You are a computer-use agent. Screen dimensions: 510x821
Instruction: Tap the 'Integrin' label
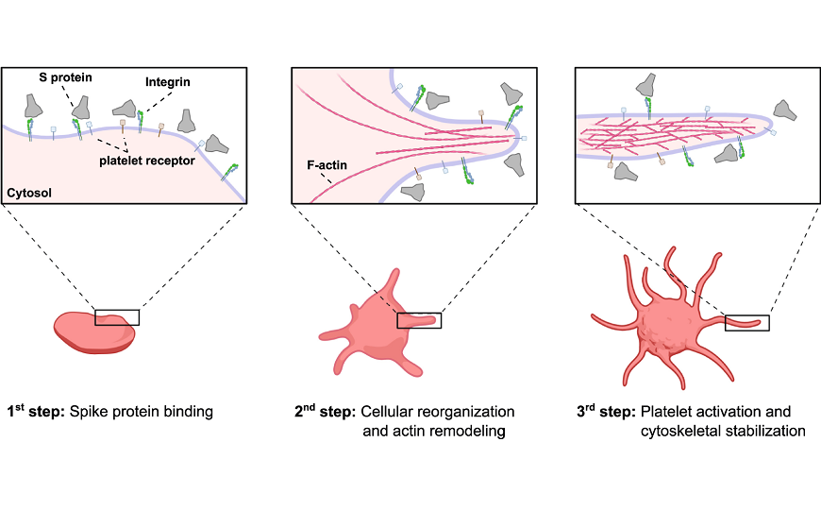point(168,83)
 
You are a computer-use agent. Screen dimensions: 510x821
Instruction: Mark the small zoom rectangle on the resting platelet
point(117,317)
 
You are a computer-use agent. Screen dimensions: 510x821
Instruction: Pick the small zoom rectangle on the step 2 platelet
point(418,321)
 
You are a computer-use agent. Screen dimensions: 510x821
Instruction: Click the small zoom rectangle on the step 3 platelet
point(746,323)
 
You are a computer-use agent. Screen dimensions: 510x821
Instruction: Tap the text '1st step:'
point(38,412)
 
